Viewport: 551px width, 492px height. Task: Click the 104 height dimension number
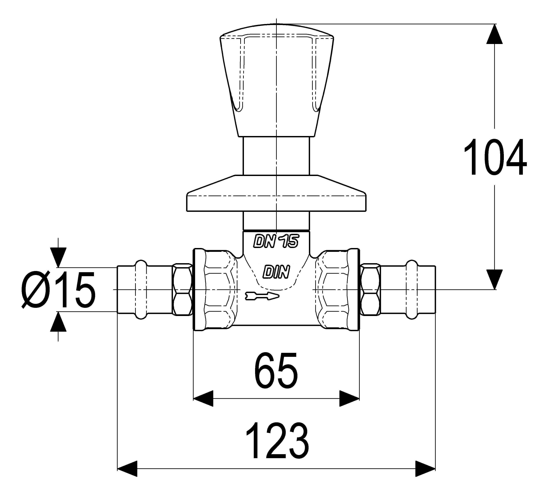point(495,157)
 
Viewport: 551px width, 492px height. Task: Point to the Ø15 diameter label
point(58,290)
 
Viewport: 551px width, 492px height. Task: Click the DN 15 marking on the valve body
point(276,241)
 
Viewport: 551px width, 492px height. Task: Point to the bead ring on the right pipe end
point(412,290)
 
